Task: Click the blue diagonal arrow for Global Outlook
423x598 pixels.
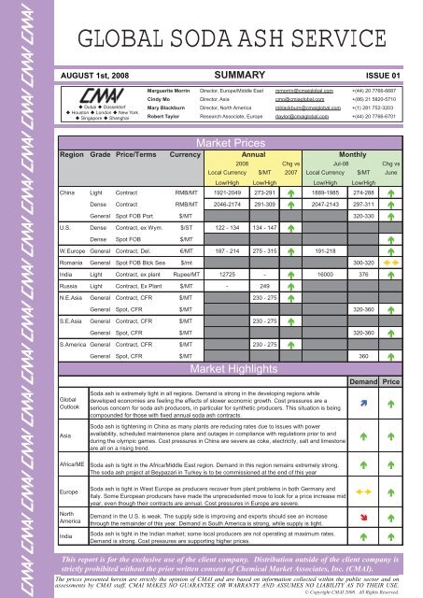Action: (x=363, y=403)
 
